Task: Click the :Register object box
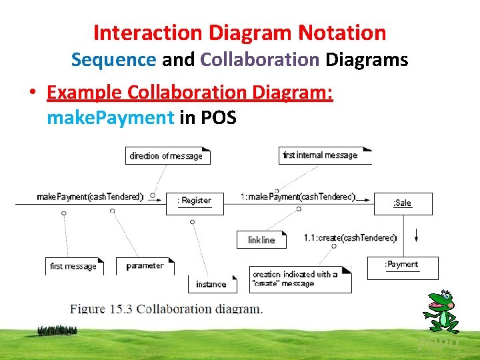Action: [195, 203]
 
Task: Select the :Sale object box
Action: [403, 203]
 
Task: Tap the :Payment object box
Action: [402, 267]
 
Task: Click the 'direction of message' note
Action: [167, 156]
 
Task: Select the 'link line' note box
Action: [261, 239]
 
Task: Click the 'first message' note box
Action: [74, 266]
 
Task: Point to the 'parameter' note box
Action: [145, 266]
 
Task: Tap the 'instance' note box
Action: [211, 284]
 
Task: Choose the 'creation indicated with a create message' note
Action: [301, 279]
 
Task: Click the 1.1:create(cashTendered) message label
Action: [350, 238]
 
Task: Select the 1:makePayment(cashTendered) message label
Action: [298, 197]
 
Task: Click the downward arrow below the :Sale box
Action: [416, 235]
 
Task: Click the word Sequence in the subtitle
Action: [113, 59]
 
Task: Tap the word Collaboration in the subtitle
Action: [260, 59]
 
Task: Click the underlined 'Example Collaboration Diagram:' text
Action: [190, 93]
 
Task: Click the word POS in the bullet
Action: [218, 118]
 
